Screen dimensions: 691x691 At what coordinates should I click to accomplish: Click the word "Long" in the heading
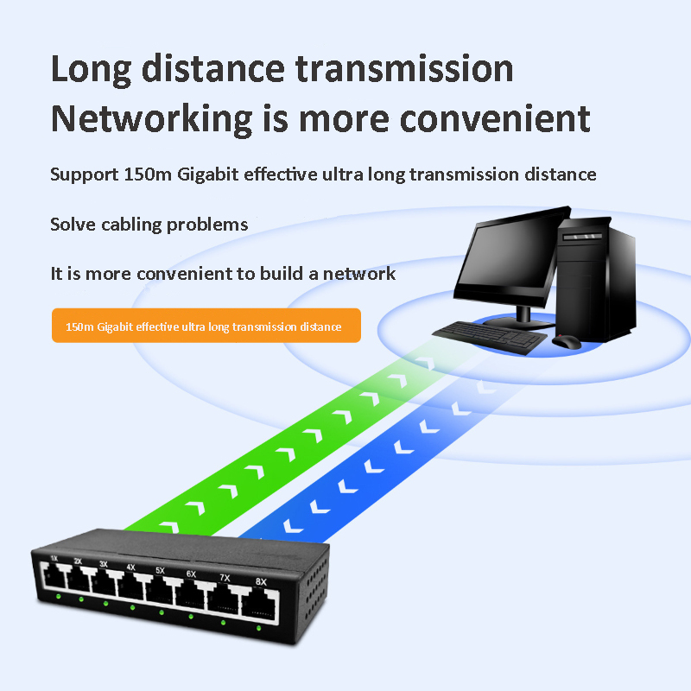90,69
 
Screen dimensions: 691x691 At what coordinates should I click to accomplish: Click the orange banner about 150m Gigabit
206,326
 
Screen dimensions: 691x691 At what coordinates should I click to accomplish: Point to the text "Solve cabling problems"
149,225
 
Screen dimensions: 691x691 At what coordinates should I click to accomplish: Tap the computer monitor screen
508,258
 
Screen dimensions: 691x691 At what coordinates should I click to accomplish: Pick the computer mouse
566,341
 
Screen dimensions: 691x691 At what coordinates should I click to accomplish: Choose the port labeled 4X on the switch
130,588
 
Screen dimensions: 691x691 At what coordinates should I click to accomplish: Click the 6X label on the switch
191,574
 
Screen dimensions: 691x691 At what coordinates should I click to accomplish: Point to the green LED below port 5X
162,612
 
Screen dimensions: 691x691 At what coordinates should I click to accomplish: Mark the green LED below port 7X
223,622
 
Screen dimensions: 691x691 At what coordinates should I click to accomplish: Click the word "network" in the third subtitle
359,274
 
